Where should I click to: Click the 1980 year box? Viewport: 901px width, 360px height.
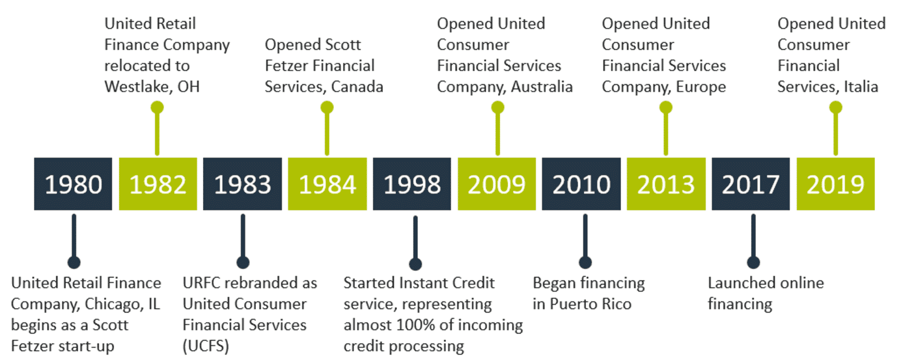pyautogui.click(x=73, y=184)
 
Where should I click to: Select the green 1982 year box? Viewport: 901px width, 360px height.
pyautogui.click(x=158, y=184)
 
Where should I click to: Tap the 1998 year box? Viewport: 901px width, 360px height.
pyautogui.click(x=412, y=184)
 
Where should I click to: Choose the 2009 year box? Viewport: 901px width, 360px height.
pyautogui.click(x=497, y=184)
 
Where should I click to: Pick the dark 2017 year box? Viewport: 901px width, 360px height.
pyautogui.click(x=751, y=184)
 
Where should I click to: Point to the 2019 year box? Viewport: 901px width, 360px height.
pyautogui.click(x=835, y=184)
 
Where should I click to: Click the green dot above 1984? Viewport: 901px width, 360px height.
pyautogui.click(x=327, y=107)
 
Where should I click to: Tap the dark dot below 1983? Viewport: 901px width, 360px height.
pyautogui.click(x=243, y=262)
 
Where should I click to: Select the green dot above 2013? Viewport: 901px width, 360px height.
pyautogui.click(x=666, y=107)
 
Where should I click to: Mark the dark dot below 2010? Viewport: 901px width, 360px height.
pyautogui.click(x=585, y=262)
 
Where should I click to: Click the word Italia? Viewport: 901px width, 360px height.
pyautogui.click(x=861, y=87)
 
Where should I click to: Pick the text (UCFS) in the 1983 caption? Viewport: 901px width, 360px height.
pyautogui.click(x=206, y=346)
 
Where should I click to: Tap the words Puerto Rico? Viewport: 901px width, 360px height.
pyautogui.click(x=590, y=304)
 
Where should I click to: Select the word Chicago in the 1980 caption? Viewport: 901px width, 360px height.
pyautogui.click(x=111, y=304)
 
